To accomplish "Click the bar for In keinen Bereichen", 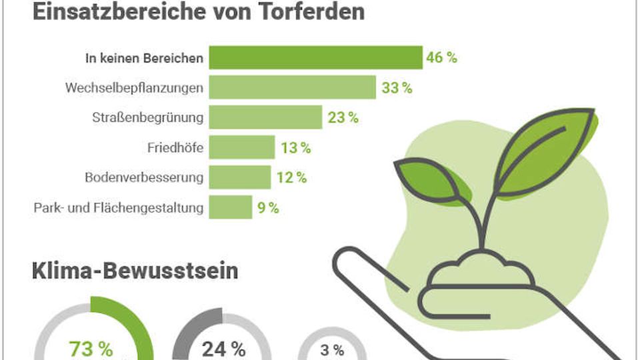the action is click(x=315, y=57).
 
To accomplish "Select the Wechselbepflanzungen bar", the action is click(x=292, y=87).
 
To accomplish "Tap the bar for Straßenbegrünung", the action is click(x=265, y=117).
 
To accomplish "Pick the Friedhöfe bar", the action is click(x=241, y=147).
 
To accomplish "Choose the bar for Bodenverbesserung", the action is click(x=239, y=177).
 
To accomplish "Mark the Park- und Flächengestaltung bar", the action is click(x=230, y=207).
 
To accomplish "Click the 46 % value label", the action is click(x=441, y=57).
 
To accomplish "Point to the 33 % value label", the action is click(x=397, y=88).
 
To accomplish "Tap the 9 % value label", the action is click(x=268, y=208).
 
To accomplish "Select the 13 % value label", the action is click(x=295, y=148).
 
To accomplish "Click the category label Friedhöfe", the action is click(x=175, y=147).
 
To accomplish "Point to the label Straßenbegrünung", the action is click(x=148, y=117).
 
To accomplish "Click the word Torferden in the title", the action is click(x=311, y=11).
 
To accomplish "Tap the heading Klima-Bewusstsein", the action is click(x=135, y=271).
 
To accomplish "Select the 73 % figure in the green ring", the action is click(x=91, y=349).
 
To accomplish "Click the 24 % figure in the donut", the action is click(x=224, y=349).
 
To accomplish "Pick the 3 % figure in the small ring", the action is click(x=332, y=350).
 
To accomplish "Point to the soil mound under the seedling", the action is click(x=481, y=270).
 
